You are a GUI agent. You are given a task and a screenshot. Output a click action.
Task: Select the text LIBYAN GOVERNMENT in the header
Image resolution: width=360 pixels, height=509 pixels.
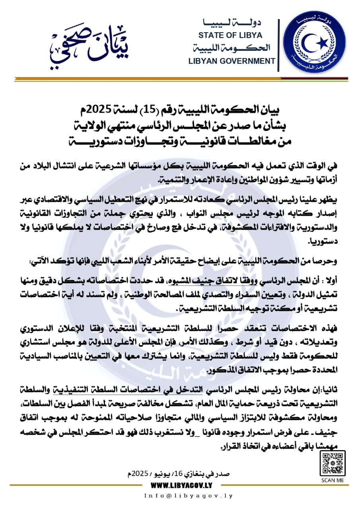click(x=232, y=61)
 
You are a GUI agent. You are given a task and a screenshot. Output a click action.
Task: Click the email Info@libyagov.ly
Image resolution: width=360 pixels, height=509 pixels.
click(x=188, y=496)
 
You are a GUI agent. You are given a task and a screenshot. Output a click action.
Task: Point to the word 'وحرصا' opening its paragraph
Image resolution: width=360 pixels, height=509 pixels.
click(x=327, y=262)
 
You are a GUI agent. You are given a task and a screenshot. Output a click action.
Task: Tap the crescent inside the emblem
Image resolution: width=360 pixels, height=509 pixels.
click(x=309, y=42)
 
